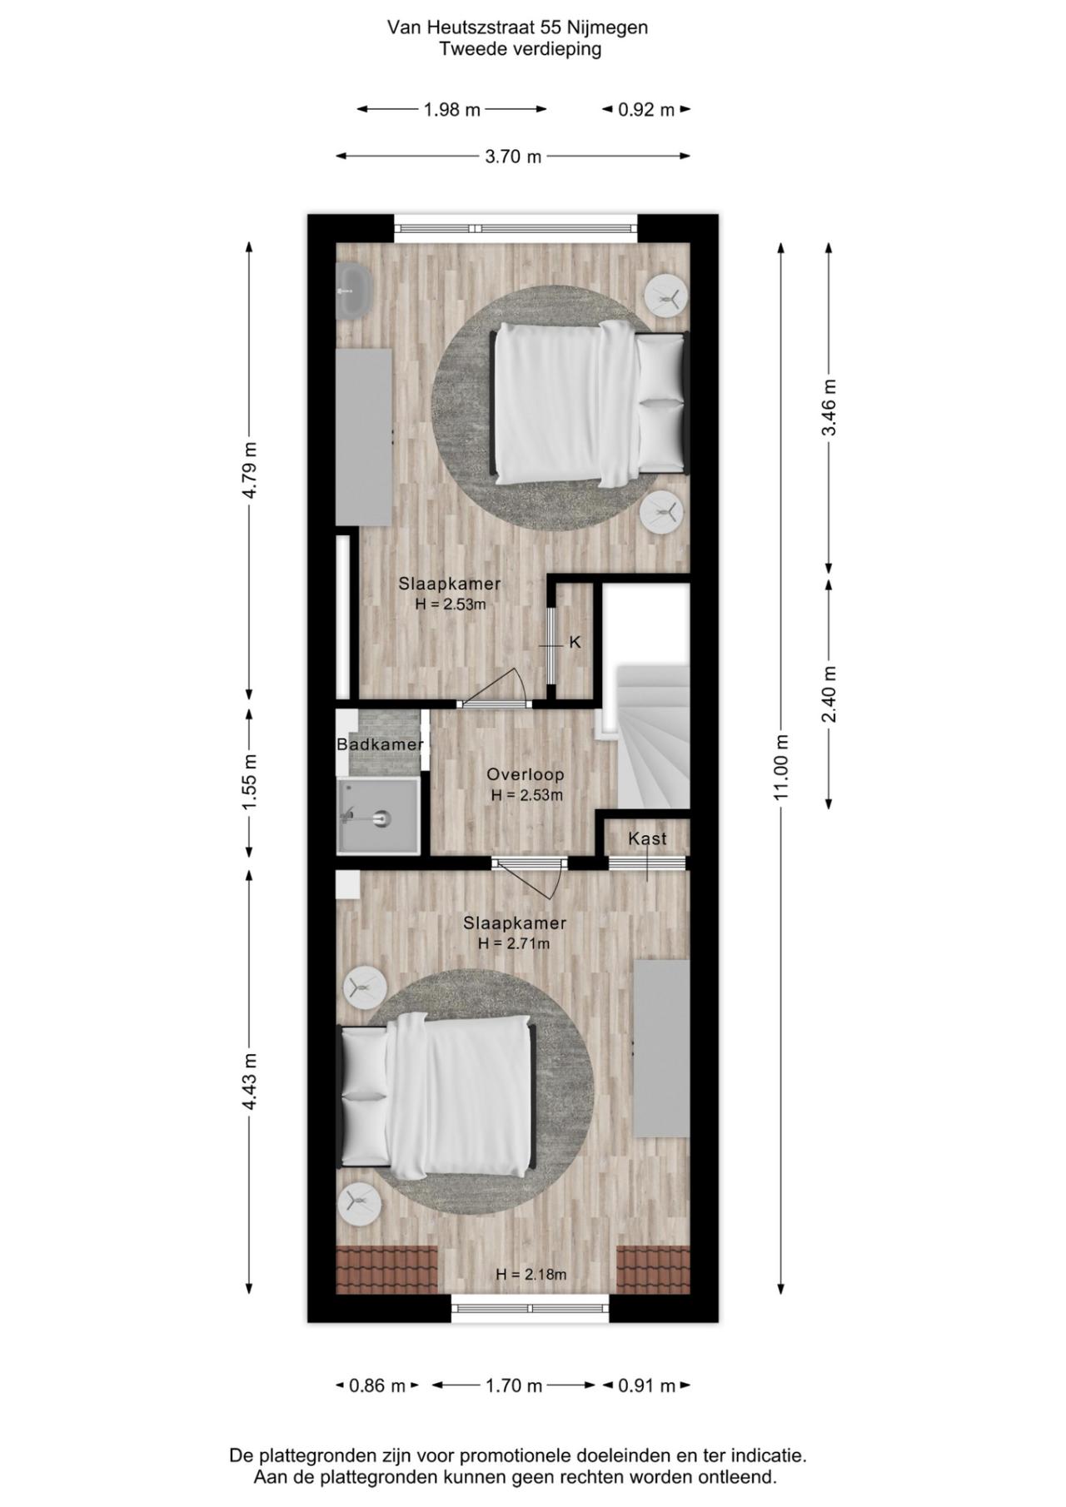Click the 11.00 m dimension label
[x=781, y=767]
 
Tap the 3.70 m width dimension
[x=513, y=157]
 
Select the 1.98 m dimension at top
[x=451, y=110]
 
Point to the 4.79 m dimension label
[x=249, y=470]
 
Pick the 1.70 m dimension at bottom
[x=513, y=1385]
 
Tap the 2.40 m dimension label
[x=829, y=694]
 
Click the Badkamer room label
[x=380, y=744]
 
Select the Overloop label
[x=526, y=774]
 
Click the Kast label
[x=647, y=838]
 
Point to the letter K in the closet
[x=575, y=643]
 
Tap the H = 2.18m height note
[x=531, y=1274]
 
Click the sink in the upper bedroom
[x=354, y=291]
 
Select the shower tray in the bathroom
[x=377, y=816]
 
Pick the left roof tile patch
[x=386, y=1270]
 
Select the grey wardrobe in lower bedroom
[x=661, y=1047]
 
